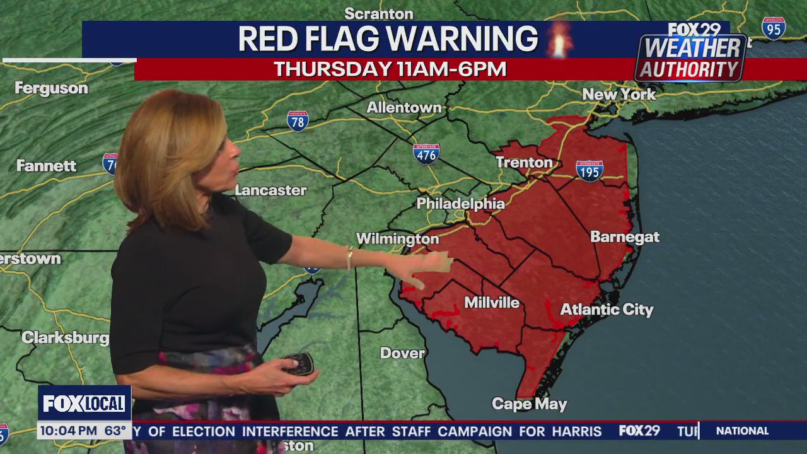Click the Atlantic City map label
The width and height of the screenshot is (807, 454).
(x=607, y=310)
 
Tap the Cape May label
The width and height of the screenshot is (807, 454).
(x=529, y=404)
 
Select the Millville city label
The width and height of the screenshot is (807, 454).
(x=492, y=303)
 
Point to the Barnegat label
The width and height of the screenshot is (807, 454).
(x=624, y=237)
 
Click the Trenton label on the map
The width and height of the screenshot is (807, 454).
(x=523, y=163)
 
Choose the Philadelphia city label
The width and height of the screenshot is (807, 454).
(x=460, y=204)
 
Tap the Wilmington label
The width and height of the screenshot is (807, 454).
(x=397, y=239)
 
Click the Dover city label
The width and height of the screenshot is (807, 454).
(x=402, y=353)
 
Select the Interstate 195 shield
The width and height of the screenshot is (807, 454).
(x=589, y=171)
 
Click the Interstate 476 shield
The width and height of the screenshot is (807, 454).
(x=426, y=154)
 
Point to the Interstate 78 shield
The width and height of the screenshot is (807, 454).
(x=298, y=121)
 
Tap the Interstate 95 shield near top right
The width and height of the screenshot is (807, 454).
(x=773, y=28)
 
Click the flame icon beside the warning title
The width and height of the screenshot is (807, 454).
(x=559, y=39)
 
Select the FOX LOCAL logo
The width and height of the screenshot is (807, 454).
(x=84, y=404)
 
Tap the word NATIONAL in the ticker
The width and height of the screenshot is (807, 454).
(x=742, y=431)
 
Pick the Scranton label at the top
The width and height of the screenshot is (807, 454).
(x=378, y=13)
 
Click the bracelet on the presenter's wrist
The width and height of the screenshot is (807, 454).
(x=349, y=258)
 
